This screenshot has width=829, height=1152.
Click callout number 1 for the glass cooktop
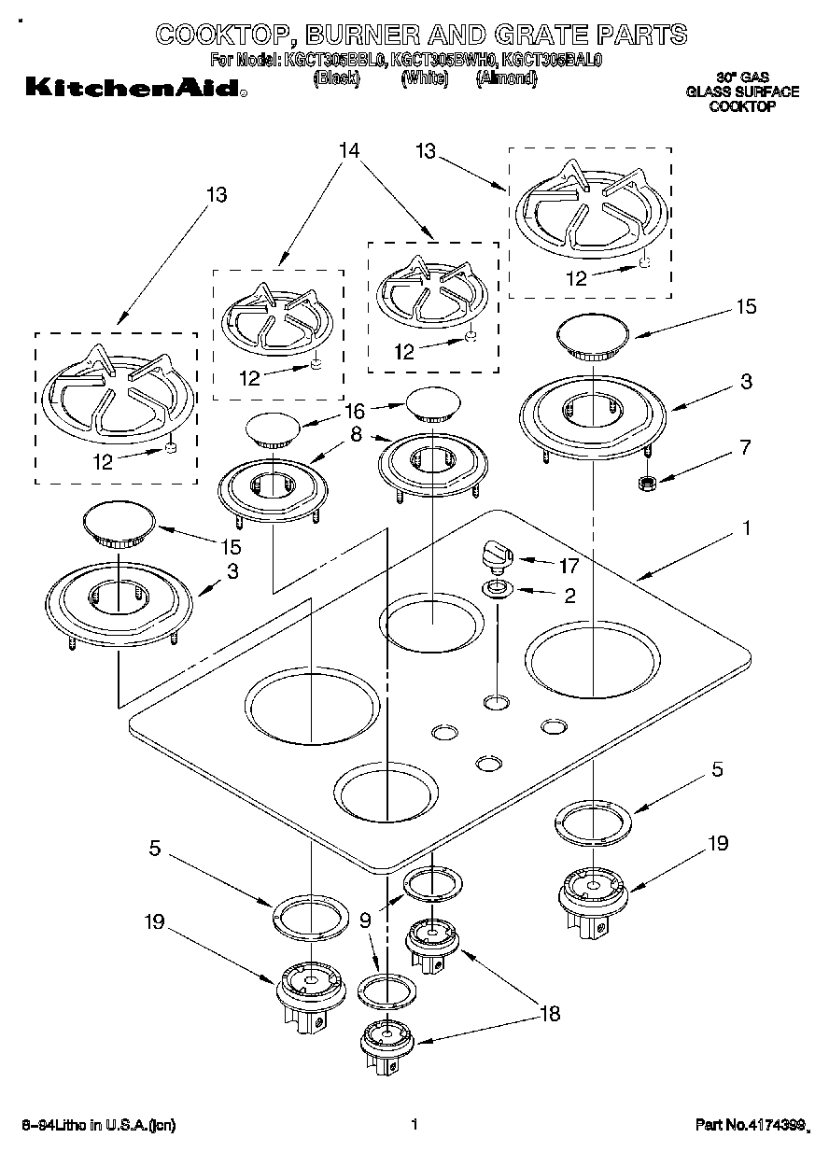coord(746,529)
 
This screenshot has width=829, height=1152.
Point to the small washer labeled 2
coord(497,589)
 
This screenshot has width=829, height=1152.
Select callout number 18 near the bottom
coord(550,1014)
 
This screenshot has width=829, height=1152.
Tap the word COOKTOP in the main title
coord(214,35)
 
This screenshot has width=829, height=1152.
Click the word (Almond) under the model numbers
coord(506,80)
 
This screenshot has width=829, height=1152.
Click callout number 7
coord(744,447)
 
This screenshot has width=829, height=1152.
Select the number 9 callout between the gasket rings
coord(365,920)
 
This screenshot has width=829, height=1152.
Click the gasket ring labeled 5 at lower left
coord(306,917)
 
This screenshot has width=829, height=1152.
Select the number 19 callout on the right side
coord(717,843)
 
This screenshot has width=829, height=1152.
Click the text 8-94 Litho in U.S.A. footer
coord(98,1125)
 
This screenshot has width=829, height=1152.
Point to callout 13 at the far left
coord(217,195)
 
